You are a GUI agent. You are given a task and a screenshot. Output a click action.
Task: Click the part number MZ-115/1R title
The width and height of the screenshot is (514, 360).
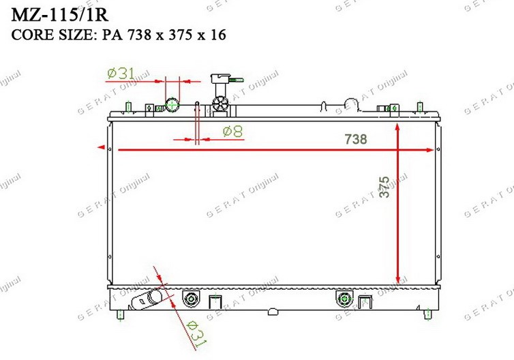tap(60, 15)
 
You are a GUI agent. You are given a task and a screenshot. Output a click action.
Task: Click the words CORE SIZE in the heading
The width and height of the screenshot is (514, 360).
tap(53, 35)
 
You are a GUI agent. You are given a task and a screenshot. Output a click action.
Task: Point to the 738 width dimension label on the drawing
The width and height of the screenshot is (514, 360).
tap(356, 139)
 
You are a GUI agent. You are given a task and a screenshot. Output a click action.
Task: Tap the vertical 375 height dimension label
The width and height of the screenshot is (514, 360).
tap(384, 187)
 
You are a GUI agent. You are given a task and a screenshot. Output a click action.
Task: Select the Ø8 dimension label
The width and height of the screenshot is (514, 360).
tap(232, 132)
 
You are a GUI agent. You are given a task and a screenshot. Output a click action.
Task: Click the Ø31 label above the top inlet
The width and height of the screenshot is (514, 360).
tap(121, 74)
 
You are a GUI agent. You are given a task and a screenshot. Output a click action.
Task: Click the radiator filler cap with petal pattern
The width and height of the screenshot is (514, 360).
tap(220, 104)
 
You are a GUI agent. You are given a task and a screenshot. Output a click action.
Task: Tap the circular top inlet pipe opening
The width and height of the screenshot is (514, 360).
tap(172, 105)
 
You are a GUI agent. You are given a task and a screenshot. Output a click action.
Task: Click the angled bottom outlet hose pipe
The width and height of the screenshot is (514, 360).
tap(146, 299)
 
